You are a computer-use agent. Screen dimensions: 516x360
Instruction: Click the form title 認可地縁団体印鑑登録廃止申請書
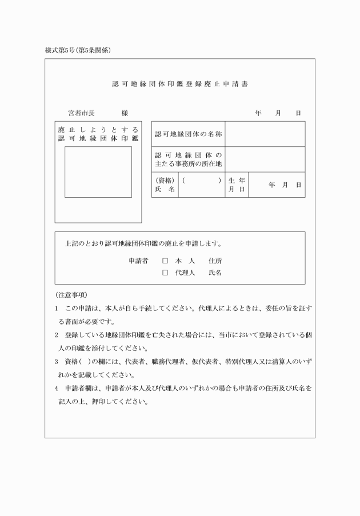(x=180, y=84)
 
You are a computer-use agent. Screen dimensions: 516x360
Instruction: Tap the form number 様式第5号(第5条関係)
(x=78, y=50)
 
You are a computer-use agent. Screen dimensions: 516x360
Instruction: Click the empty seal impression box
(x=98, y=172)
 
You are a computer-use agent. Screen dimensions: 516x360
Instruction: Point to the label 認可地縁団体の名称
(x=188, y=134)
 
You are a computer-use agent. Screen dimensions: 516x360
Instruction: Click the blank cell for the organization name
(x=265, y=134)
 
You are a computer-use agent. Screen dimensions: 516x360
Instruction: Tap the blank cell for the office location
(x=265, y=159)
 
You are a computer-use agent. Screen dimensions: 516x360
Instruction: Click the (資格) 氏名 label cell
(x=165, y=185)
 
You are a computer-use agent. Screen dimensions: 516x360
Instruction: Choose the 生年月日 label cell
(x=237, y=185)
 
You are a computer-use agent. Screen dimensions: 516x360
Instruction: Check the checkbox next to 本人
(x=165, y=261)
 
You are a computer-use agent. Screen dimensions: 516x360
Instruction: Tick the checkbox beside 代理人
(x=165, y=273)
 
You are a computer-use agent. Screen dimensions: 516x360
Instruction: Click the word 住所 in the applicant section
(x=215, y=261)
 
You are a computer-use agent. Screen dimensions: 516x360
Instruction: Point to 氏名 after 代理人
(x=215, y=273)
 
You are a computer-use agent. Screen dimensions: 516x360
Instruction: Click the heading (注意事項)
(x=71, y=295)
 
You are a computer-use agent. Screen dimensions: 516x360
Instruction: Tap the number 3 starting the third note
(x=57, y=362)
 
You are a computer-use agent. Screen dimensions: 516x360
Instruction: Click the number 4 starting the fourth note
(x=57, y=389)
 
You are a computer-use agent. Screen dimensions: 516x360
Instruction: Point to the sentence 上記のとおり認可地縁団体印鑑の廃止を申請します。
(x=143, y=243)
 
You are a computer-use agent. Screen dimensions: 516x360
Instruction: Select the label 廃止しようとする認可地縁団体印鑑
(x=98, y=134)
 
